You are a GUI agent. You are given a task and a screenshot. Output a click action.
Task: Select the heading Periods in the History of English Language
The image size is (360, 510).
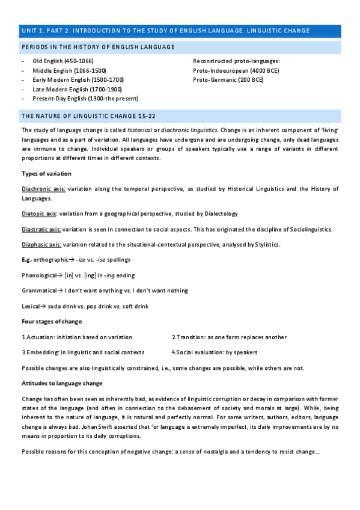(x=98, y=47)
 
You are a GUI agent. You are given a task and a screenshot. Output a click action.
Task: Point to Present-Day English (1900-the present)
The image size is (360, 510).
(x=85, y=98)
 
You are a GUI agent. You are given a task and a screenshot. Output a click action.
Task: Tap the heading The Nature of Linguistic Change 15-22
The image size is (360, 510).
(x=89, y=115)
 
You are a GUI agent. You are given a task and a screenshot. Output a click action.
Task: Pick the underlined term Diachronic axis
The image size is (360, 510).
(x=43, y=189)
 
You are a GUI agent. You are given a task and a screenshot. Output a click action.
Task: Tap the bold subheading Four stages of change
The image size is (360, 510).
(x=52, y=321)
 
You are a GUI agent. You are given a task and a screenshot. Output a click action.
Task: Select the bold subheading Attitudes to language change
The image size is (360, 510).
(x=62, y=383)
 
